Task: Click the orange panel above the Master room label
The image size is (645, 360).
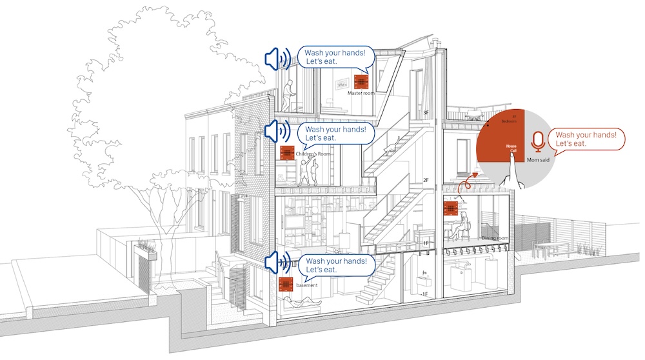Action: click(360, 81)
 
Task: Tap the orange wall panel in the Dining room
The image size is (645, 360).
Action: click(451, 208)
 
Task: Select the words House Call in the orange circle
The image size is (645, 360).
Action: click(511, 148)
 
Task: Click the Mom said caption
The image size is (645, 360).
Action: click(537, 159)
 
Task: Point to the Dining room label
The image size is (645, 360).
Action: click(495, 238)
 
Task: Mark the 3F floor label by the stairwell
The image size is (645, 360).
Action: click(426, 113)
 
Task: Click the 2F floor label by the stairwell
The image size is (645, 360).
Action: click(426, 180)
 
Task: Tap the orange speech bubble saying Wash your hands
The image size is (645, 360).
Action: click(586, 139)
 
